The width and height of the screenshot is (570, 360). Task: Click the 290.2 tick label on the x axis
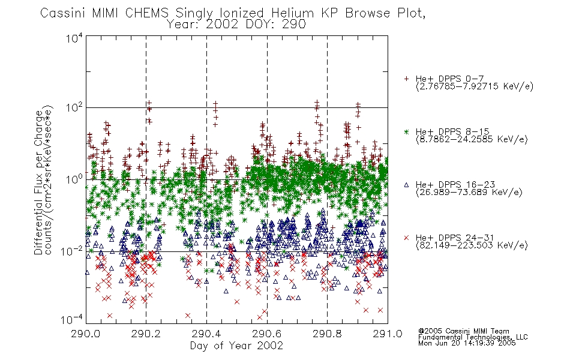tap(146, 334)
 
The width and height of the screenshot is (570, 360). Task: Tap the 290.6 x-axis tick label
tap(267, 334)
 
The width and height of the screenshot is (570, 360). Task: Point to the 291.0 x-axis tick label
tap(388, 334)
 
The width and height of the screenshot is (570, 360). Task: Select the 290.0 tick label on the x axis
tap(86, 334)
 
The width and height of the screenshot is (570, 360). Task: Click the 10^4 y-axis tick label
tap(74, 38)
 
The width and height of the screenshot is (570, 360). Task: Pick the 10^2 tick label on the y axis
tap(74, 108)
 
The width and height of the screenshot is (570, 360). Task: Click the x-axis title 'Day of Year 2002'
tap(236, 346)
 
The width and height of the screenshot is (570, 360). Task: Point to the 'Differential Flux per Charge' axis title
tap(38, 182)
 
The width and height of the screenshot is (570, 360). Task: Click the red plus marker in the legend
tap(406, 79)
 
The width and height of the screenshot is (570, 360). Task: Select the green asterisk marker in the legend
tap(406, 131)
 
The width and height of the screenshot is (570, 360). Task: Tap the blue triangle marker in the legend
tap(406, 185)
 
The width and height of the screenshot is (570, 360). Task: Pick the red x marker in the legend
tap(406, 238)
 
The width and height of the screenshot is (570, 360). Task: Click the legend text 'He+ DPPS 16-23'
tap(455, 185)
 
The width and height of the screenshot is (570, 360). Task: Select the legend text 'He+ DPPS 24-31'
tap(455, 238)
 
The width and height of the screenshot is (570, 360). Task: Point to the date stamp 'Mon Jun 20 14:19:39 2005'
tap(467, 343)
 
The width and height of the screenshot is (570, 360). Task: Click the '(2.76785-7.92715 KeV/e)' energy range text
tap(475, 86)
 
